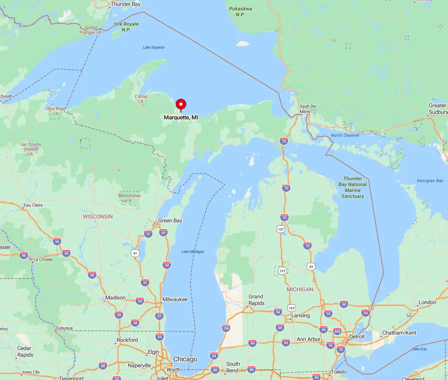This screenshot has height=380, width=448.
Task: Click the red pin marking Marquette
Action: (x=181, y=104)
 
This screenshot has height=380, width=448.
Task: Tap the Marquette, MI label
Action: (x=181, y=117)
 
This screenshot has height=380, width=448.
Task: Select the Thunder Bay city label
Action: (x=126, y=5)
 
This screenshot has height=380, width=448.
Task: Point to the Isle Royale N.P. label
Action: (x=126, y=27)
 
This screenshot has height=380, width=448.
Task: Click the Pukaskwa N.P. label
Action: (x=241, y=12)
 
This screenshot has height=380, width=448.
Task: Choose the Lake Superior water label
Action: (x=154, y=47)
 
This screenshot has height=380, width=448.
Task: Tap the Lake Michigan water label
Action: (x=193, y=252)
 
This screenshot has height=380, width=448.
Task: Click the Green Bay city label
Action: (x=170, y=221)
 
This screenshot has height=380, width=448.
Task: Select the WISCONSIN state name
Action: (x=98, y=216)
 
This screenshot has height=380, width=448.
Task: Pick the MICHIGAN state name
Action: (x=300, y=289)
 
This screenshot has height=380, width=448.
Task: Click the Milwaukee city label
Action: (x=175, y=300)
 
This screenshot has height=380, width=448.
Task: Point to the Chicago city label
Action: (x=185, y=359)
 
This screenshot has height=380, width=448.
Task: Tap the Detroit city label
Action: (x=357, y=337)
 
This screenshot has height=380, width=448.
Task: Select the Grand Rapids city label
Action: (x=256, y=300)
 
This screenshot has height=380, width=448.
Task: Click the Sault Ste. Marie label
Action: (x=308, y=109)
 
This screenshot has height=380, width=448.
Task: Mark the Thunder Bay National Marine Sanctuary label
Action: (x=353, y=187)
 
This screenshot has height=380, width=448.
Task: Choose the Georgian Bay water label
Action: (x=430, y=181)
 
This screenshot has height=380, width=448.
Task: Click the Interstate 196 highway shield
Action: (x=226, y=328)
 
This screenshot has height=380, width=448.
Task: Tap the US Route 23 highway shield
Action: (x=311, y=267)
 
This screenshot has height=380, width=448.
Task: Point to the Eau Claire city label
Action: (x=33, y=205)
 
